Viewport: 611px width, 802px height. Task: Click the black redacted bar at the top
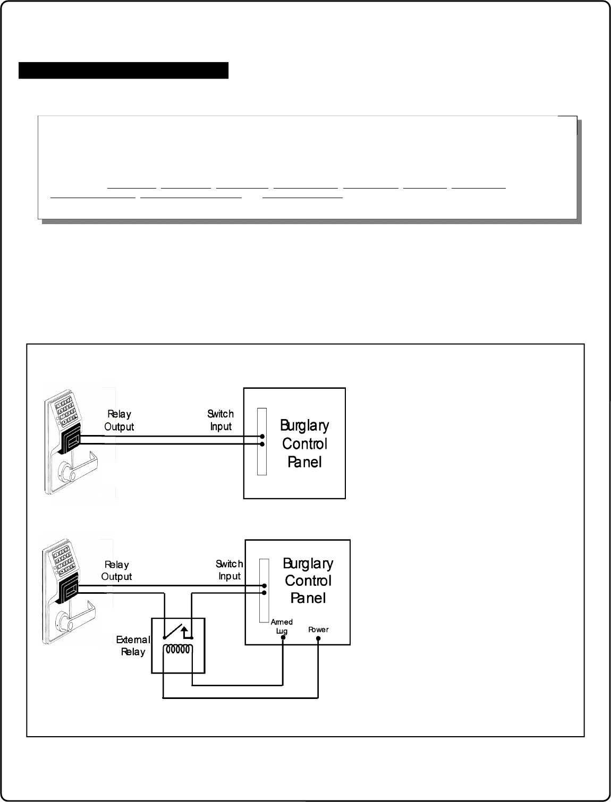tap(123, 70)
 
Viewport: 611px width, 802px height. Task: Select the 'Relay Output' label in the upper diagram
tap(119, 420)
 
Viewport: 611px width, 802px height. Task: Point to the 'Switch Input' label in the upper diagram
tap(220, 420)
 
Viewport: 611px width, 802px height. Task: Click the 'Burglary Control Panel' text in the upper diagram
tap(305, 443)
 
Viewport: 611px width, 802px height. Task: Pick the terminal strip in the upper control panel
tap(261, 441)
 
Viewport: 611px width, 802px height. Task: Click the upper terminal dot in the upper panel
tap(262, 436)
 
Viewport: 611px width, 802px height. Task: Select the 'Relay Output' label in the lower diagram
tap(116, 570)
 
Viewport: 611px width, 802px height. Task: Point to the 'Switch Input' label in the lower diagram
tap(229, 569)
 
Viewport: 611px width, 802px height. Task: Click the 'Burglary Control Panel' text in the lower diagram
tap(308, 581)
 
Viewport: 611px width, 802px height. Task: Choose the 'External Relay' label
tap(133, 646)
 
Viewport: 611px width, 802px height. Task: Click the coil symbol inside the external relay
tap(177, 649)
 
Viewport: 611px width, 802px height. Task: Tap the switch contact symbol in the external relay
tap(178, 631)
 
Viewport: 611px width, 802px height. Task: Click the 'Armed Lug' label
tap(282, 626)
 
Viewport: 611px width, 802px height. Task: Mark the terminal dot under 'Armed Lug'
tap(283, 637)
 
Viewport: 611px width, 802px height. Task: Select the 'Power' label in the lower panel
tap(318, 629)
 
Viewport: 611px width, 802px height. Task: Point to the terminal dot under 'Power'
tap(318, 638)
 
